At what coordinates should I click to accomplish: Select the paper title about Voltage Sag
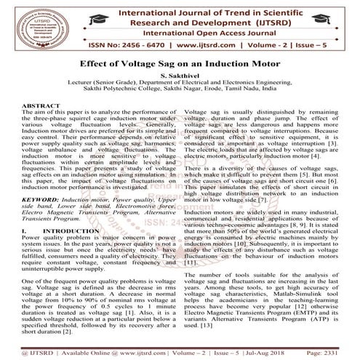coord(180,64)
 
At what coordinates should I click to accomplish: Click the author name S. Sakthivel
coord(180,76)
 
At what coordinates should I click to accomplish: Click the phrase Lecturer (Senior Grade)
coord(97,83)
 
